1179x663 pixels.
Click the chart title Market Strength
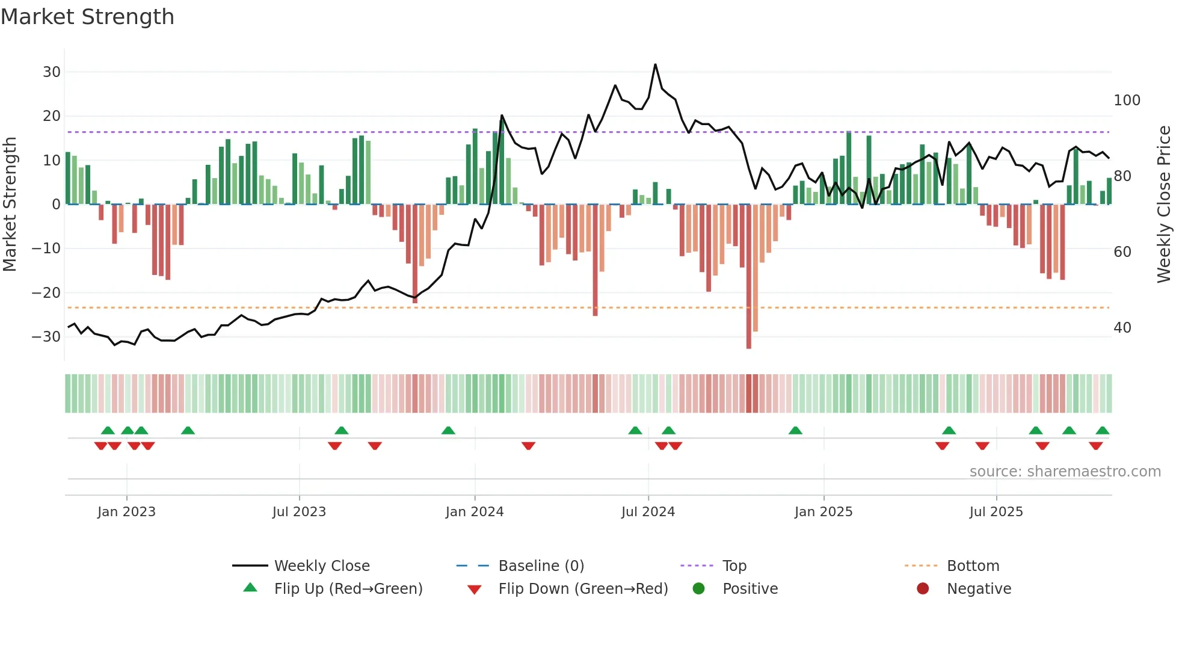[87, 17]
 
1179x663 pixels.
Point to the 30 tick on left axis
[52, 72]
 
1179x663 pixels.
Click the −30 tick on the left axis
[46, 337]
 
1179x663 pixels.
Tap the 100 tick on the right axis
[1127, 100]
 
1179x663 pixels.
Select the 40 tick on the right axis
[1122, 328]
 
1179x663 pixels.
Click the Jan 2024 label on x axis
[475, 512]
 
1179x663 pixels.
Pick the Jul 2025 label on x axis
[996, 512]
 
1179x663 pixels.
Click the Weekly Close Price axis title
[1165, 205]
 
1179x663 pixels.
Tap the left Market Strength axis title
[10, 205]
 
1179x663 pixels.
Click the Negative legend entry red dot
[923, 589]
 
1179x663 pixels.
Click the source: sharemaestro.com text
[1065, 472]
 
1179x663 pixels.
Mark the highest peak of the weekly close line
[655, 64]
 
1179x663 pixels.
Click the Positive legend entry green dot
[698, 589]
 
